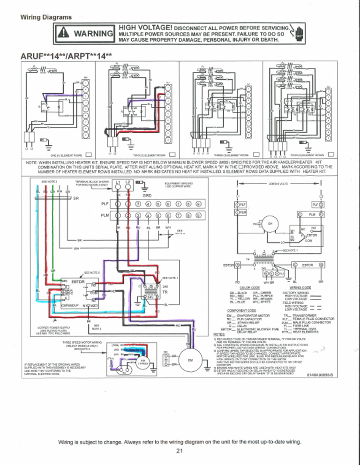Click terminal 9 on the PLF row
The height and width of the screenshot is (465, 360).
click(x=199, y=203)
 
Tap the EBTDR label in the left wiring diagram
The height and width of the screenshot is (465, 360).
click(x=78, y=282)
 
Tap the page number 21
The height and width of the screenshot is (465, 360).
click(x=180, y=451)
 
